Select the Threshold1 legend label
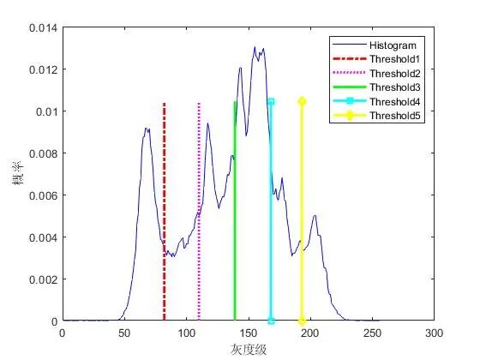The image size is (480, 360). tap(394, 59)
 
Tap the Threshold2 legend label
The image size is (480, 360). tap(395, 74)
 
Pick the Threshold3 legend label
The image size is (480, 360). tap(395, 87)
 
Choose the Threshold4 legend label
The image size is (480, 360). tap(395, 102)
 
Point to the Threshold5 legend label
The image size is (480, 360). tap(395, 116)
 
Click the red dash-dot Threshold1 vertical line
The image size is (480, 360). tap(165, 212)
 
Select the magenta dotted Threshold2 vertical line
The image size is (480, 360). tap(199, 212)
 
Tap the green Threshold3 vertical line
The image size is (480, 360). tap(235, 211)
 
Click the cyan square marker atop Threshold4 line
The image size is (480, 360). tap(271, 102)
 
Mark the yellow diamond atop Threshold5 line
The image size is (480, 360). tap(302, 102)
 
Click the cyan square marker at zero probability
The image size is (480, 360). tap(271, 321)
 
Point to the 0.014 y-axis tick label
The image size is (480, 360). tap(43, 28)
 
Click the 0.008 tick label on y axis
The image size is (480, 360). tap(43, 153)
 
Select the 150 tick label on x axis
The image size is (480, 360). tap(249, 333)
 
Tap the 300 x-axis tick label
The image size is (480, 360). tap(434, 333)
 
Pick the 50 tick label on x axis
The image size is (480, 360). tap(124, 333)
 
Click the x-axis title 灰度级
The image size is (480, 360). tap(249, 350)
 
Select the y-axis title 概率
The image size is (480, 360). tap(18, 173)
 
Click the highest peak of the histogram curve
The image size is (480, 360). tap(255, 47)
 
